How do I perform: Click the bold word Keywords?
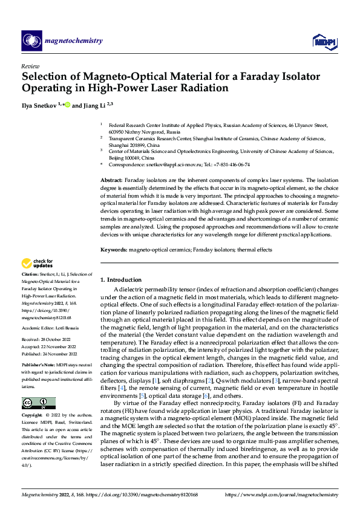113,249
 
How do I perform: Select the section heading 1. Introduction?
121,280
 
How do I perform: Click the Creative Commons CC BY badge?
38,403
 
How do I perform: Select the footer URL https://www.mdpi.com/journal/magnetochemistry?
281,495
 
